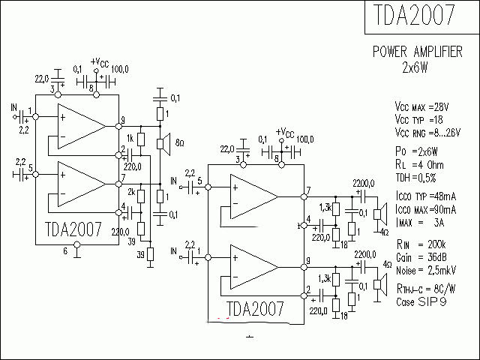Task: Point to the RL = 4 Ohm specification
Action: coord(420,166)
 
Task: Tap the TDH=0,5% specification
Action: coord(417,178)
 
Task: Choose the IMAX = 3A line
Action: coord(420,223)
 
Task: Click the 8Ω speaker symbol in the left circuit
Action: coord(160,143)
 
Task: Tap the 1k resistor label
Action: coord(130,138)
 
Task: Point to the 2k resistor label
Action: coord(130,193)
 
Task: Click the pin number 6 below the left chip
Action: coord(65,251)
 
